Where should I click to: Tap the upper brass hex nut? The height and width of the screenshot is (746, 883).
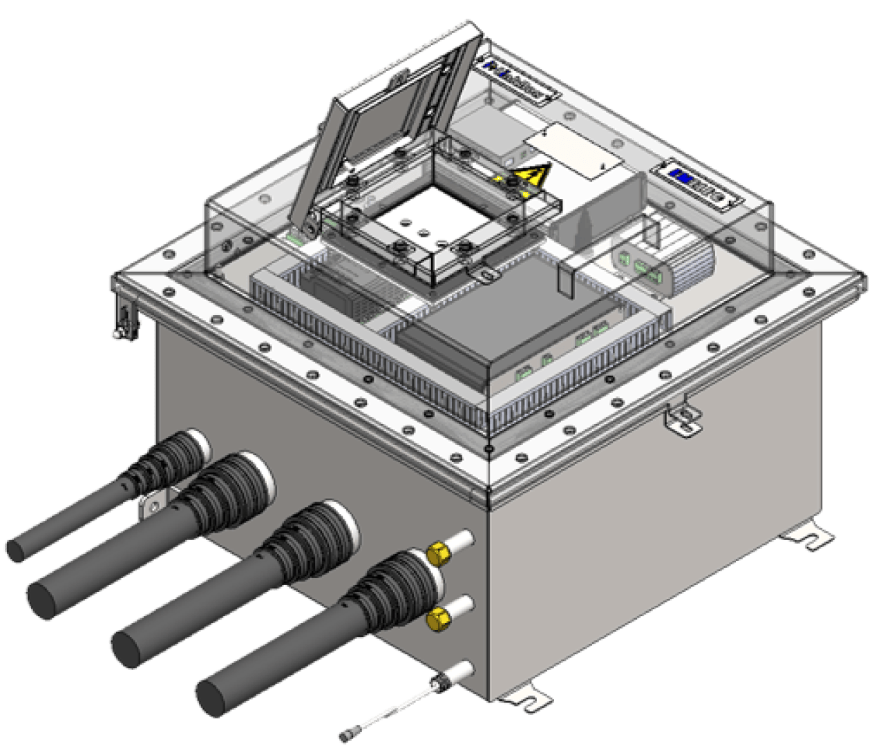[x=437, y=553]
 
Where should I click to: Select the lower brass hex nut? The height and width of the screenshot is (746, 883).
[x=437, y=619]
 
